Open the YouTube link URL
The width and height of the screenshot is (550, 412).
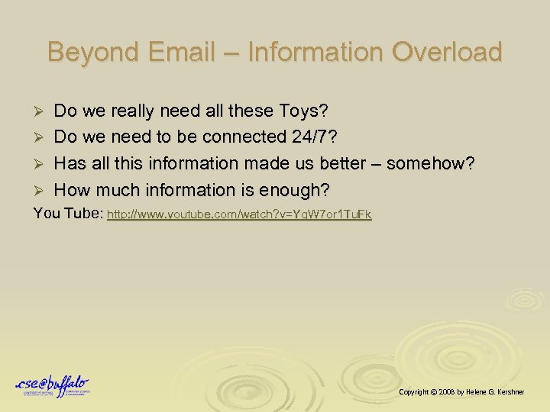click(x=239, y=216)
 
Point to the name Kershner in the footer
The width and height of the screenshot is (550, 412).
click(x=528, y=391)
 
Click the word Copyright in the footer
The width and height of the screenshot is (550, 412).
click(x=413, y=391)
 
